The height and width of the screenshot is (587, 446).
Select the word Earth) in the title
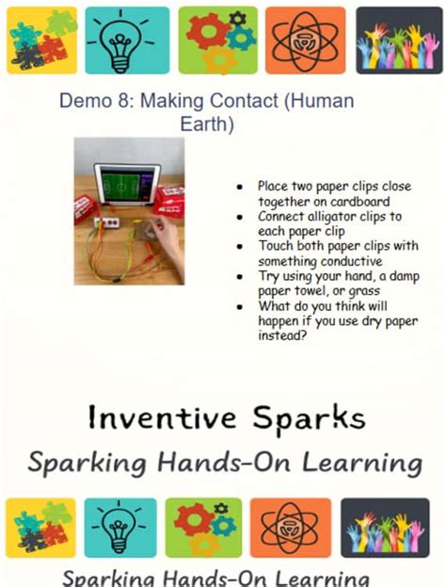(x=208, y=123)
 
